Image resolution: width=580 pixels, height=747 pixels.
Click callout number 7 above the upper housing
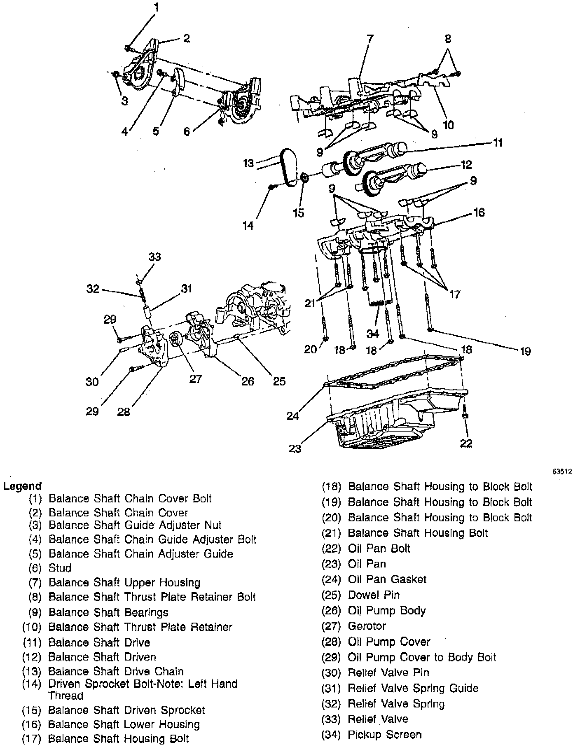tap(370, 39)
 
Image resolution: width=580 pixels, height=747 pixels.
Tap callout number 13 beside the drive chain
tap(248, 163)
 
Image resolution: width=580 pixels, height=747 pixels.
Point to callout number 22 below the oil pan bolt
tap(466, 443)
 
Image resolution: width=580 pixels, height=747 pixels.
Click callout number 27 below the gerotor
tap(195, 378)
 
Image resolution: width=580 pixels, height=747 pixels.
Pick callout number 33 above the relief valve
tap(154, 257)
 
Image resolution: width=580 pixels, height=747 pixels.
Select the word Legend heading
tap(22, 486)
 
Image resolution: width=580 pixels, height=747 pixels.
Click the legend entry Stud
tap(60, 568)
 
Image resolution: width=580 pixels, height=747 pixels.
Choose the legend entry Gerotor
tap(367, 626)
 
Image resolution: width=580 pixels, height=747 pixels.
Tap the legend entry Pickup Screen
tap(385, 735)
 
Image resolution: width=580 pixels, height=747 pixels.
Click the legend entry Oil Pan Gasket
tap(387, 579)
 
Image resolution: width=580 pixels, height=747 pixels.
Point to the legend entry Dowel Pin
tap(374, 595)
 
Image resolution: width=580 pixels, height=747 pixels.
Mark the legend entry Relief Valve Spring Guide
tap(413, 688)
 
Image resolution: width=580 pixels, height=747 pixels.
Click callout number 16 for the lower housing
tap(479, 212)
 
